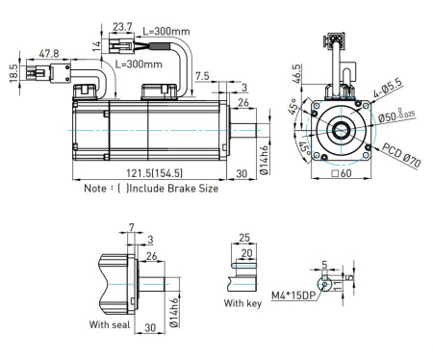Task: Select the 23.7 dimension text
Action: (121, 27)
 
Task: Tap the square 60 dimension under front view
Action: (343, 175)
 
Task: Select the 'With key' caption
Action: (242, 304)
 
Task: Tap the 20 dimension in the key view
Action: (248, 253)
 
